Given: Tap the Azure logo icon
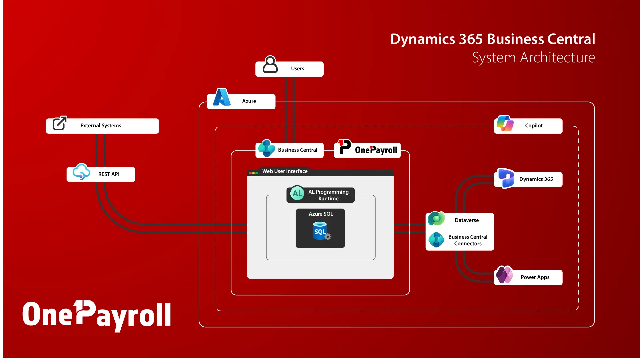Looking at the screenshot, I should pos(222,97).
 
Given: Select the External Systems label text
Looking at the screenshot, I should pos(101,126).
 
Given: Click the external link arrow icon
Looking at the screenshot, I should pos(60,123).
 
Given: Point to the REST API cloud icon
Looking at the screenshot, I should pos(81,172).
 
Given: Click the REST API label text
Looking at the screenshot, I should pos(109,174).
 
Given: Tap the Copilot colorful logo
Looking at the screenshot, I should pos(505,124).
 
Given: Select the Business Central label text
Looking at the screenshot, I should pos(297,150).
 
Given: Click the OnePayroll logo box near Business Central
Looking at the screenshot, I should pos(367,149).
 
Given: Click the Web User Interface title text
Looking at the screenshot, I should pos(285,171).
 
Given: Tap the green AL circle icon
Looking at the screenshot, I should pos(297,193).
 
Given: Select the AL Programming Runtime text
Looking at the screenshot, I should pos(328,195).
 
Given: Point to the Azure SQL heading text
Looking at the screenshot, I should pos(320,214).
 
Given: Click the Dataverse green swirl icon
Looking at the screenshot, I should pos(436,219).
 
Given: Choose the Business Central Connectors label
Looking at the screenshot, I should pos(467,240).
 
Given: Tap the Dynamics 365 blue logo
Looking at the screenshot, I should pos(506,178).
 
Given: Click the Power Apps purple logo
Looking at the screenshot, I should pos(504,275).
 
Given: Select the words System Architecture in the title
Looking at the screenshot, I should pos(533,58).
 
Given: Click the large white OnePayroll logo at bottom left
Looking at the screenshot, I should pos(97,315).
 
